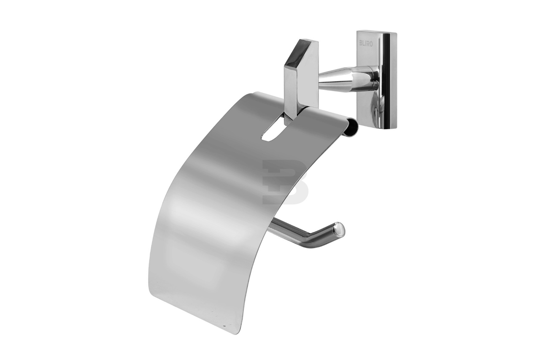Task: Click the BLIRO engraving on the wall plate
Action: point(366,43)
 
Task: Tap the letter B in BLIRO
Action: point(361,43)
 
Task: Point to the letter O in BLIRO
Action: point(371,44)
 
